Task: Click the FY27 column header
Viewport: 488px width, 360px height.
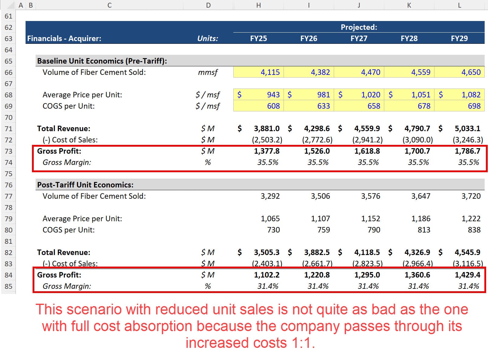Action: point(359,39)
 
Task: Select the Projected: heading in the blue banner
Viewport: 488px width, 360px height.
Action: point(359,27)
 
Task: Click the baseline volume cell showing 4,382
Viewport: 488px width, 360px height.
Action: point(320,72)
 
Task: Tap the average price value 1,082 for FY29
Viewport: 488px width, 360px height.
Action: point(471,95)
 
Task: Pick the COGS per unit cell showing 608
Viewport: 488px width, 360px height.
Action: point(273,106)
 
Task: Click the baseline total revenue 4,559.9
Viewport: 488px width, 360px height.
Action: point(367,129)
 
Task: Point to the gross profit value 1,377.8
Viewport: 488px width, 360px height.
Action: point(267,151)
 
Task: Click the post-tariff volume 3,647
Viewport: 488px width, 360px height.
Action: point(421,196)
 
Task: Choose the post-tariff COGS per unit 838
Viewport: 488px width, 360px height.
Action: point(474,230)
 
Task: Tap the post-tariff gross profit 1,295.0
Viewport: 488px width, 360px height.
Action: point(367,275)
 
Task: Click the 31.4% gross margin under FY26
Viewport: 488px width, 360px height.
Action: point(318,286)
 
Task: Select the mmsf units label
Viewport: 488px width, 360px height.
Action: point(208,72)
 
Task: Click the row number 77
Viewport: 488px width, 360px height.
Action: point(9,196)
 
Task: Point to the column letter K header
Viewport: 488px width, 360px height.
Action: point(409,5)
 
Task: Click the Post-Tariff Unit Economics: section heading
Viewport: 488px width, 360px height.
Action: point(85,185)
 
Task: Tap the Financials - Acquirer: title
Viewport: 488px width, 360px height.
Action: point(64,39)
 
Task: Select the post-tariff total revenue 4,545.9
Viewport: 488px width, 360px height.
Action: point(467,253)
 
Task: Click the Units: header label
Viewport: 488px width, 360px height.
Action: point(208,39)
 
